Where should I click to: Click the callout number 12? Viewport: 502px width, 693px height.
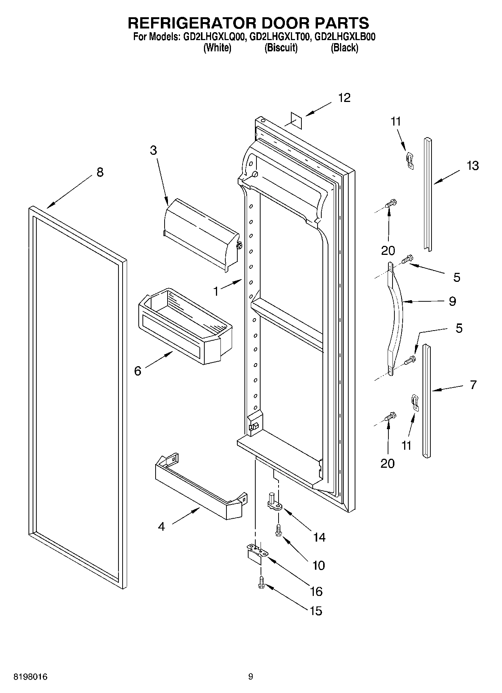pyautogui.click(x=344, y=98)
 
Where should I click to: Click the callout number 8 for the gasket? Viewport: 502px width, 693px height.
pyautogui.click(x=100, y=172)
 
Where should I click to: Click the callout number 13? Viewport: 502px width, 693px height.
pyautogui.click(x=472, y=165)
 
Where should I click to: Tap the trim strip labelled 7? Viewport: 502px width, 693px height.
pyautogui.click(x=427, y=401)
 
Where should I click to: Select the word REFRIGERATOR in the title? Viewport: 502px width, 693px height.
pyautogui.click(x=192, y=23)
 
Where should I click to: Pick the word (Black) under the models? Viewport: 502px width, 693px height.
pyautogui.click(x=344, y=48)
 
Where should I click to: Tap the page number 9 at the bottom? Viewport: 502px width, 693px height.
pyautogui.click(x=250, y=677)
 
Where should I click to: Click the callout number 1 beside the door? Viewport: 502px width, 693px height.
pyautogui.click(x=216, y=291)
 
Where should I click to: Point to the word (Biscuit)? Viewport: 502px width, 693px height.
pyautogui.click(x=281, y=48)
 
